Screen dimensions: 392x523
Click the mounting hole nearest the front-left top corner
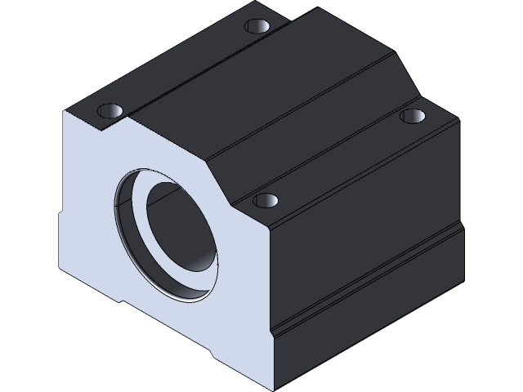[110, 109]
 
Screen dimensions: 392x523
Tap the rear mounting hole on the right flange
[413, 116]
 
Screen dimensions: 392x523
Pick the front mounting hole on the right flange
[264, 199]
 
